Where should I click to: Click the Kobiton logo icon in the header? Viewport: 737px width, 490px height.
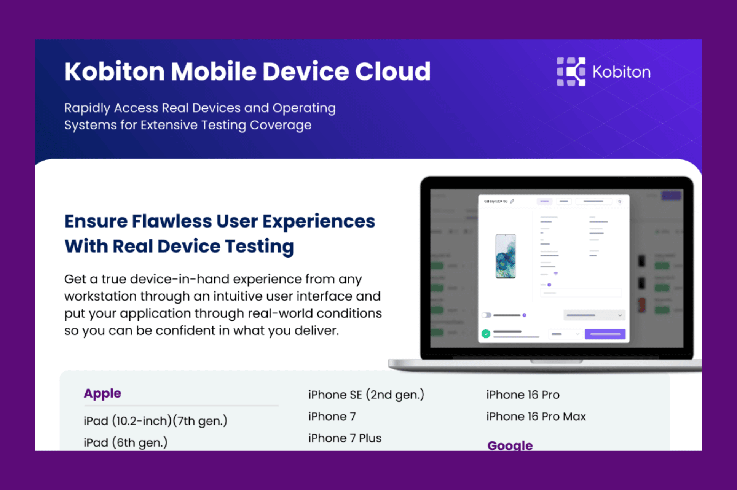(571, 72)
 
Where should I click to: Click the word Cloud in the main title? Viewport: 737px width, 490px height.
(392, 72)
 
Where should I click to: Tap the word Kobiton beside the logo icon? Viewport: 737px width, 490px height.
(621, 72)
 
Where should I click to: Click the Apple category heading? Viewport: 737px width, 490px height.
(102, 393)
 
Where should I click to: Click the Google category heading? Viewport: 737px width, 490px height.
(510, 445)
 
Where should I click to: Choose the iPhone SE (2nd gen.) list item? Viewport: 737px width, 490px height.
(366, 395)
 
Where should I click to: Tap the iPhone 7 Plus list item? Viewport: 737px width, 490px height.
(345, 438)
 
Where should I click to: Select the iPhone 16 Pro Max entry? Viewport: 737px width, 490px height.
(536, 416)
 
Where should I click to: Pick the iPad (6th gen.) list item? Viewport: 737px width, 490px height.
(125, 442)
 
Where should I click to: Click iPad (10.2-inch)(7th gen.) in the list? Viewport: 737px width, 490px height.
(155, 421)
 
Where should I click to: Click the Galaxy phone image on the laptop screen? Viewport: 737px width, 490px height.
(505, 256)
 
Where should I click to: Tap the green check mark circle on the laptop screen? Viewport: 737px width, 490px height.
(486, 334)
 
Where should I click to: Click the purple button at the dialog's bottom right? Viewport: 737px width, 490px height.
(605, 334)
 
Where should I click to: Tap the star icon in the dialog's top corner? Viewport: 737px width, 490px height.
(620, 201)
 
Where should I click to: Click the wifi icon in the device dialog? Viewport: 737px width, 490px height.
(556, 274)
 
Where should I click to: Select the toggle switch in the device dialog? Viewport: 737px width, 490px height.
(487, 315)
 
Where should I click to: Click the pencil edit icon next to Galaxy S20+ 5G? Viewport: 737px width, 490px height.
(512, 201)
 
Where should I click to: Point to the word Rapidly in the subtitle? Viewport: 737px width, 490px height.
(87, 108)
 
